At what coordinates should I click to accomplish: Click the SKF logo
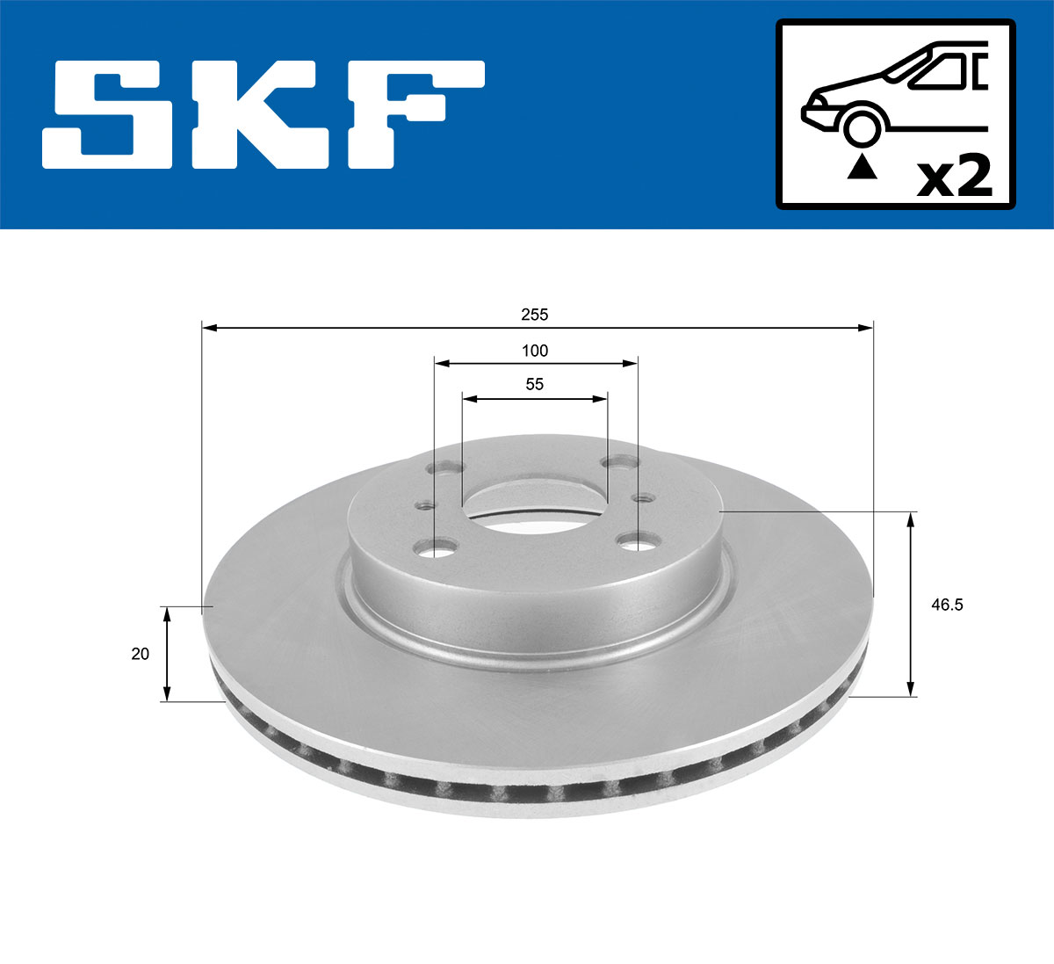pyautogui.click(x=263, y=114)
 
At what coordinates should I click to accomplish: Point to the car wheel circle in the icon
pyautogui.click(x=862, y=127)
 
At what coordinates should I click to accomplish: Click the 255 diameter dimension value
pyautogui.click(x=534, y=314)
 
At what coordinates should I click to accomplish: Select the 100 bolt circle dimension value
pyautogui.click(x=534, y=351)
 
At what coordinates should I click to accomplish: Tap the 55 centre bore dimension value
pyautogui.click(x=534, y=384)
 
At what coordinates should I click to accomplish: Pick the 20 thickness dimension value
pyautogui.click(x=140, y=654)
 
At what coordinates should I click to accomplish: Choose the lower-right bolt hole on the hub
pyautogui.click(x=633, y=540)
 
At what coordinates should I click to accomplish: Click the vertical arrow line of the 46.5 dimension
pyautogui.click(x=911, y=605)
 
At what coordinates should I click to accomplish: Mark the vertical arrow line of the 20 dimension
pyautogui.click(x=165, y=654)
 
